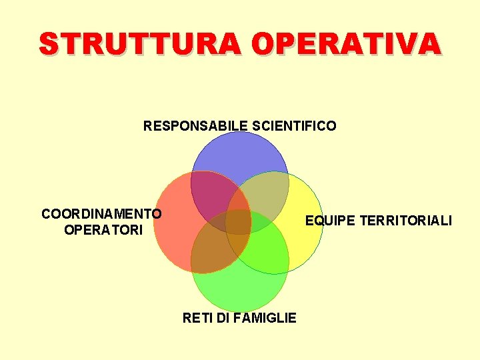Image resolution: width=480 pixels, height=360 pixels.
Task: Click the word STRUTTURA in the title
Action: (x=141, y=44)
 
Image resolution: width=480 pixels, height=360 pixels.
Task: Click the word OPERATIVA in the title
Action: (x=347, y=44)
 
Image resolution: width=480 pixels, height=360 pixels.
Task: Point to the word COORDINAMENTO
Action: (x=101, y=214)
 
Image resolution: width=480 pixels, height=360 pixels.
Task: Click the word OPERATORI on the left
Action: (x=103, y=231)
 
